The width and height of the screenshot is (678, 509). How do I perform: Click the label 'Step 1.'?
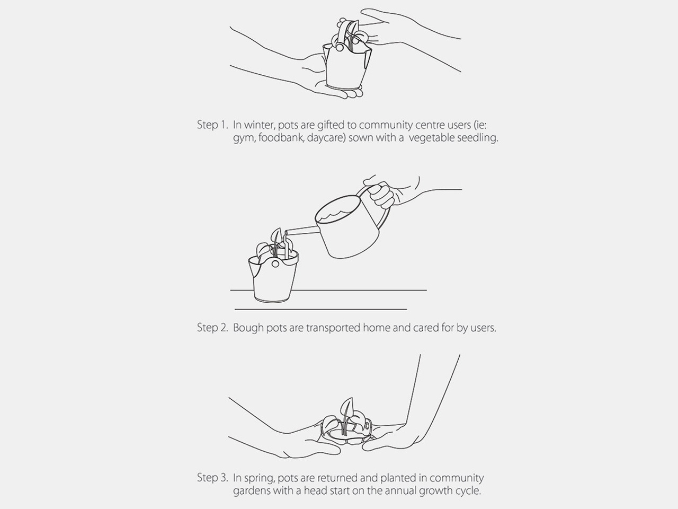point(212,125)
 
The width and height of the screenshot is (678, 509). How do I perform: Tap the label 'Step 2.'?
point(212,328)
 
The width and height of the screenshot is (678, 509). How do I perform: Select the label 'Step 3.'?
point(212,478)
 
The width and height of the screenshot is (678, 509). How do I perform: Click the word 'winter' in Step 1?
point(260,125)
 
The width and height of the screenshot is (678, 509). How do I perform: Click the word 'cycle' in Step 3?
point(468,491)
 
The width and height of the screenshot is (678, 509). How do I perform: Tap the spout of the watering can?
point(301,231)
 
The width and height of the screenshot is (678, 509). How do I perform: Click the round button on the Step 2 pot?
point(275,264)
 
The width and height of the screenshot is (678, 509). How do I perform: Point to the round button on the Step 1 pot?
point(339,48)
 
